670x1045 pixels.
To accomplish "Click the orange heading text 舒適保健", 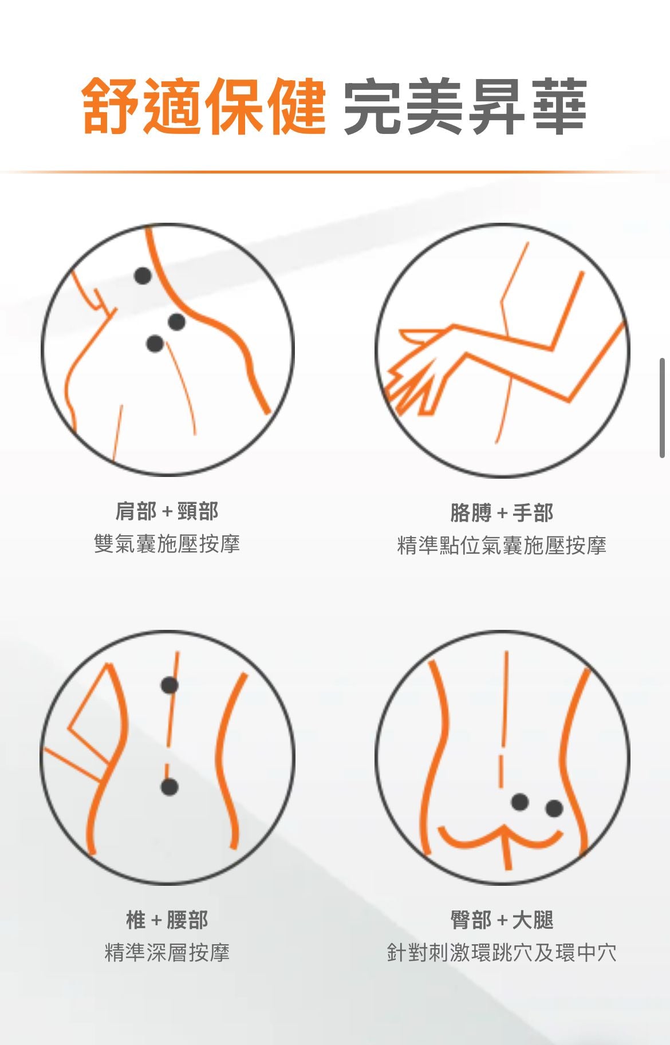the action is [204, 107].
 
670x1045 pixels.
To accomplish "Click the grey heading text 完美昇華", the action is [465, 107].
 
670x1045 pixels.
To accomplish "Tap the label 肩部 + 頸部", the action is [167, 511].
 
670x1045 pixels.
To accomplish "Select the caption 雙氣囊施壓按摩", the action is [167, 543].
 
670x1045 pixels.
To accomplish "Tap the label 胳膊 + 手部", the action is [502, 512].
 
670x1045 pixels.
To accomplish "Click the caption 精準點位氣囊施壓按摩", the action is [502, 545].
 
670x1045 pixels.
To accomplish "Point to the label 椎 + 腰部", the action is [167, 920].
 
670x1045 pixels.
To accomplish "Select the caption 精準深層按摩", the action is [167, 952].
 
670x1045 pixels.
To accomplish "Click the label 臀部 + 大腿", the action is [502, 920].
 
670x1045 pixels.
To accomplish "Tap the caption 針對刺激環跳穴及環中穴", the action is [502, 952].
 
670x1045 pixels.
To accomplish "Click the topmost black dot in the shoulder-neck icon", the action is [143, 276].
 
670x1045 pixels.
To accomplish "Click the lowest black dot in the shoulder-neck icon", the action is [155, 344].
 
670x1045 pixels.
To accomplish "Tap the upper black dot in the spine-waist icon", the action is [170, 685].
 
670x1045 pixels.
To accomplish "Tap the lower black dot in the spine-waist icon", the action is [169, 787].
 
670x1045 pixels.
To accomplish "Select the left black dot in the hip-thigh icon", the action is [519, 802].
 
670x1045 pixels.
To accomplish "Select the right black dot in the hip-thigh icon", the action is [554, 809].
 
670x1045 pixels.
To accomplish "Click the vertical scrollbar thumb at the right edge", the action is [663, 408].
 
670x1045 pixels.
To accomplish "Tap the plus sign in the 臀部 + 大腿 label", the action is [502, 921].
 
